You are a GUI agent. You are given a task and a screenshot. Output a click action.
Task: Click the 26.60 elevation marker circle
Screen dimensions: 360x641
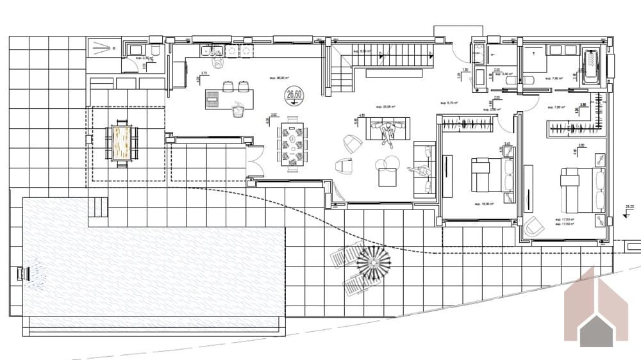[294, 95]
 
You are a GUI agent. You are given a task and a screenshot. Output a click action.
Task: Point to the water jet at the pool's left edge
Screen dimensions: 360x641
[23, 273]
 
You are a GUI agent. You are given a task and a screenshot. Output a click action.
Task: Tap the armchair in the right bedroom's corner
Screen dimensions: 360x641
[533, 225]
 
